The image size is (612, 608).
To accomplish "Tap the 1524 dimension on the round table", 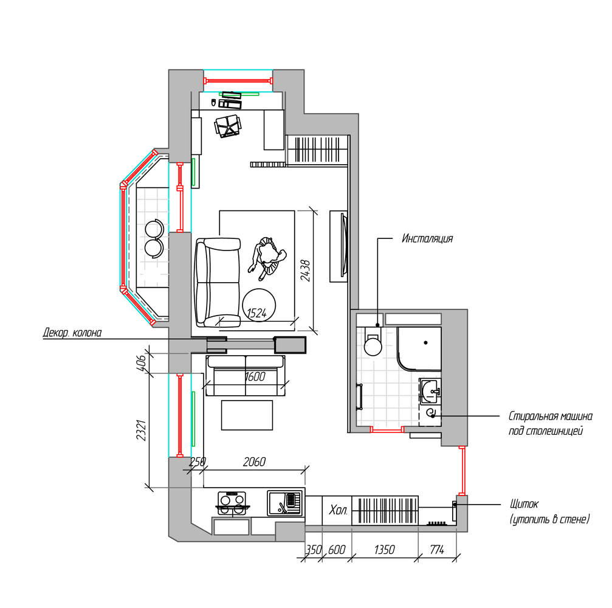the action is tap(257, 313).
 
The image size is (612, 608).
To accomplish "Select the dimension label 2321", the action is tap(141, 430).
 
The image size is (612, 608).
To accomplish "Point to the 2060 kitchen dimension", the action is tap(254, 462).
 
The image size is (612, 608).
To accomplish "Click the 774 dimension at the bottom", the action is tap(437, 550).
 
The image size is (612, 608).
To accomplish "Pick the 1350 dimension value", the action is tap(385, 550).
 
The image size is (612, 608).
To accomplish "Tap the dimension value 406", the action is tap(141, 363).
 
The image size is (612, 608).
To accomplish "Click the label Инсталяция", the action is tap(427, 238).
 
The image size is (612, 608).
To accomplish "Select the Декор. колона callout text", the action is tap(72, 333).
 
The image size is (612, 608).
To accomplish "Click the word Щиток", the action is tap(524, 504).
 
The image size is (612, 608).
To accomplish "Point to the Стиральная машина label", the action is tap(551, 416).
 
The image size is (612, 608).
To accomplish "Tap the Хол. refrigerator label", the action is tap(338, 510).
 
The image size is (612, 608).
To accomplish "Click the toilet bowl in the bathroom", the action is tap(373, 344).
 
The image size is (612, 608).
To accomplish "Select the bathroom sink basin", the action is tap(430, 390).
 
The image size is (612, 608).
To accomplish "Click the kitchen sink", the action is tap(285, 503).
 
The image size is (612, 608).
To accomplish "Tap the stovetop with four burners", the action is tap(232, 503).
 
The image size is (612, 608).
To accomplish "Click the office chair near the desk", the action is tap(227, 126).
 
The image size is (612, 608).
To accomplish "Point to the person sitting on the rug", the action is tap(267, 258).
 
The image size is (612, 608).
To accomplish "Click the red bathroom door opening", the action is tap(387, 430).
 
